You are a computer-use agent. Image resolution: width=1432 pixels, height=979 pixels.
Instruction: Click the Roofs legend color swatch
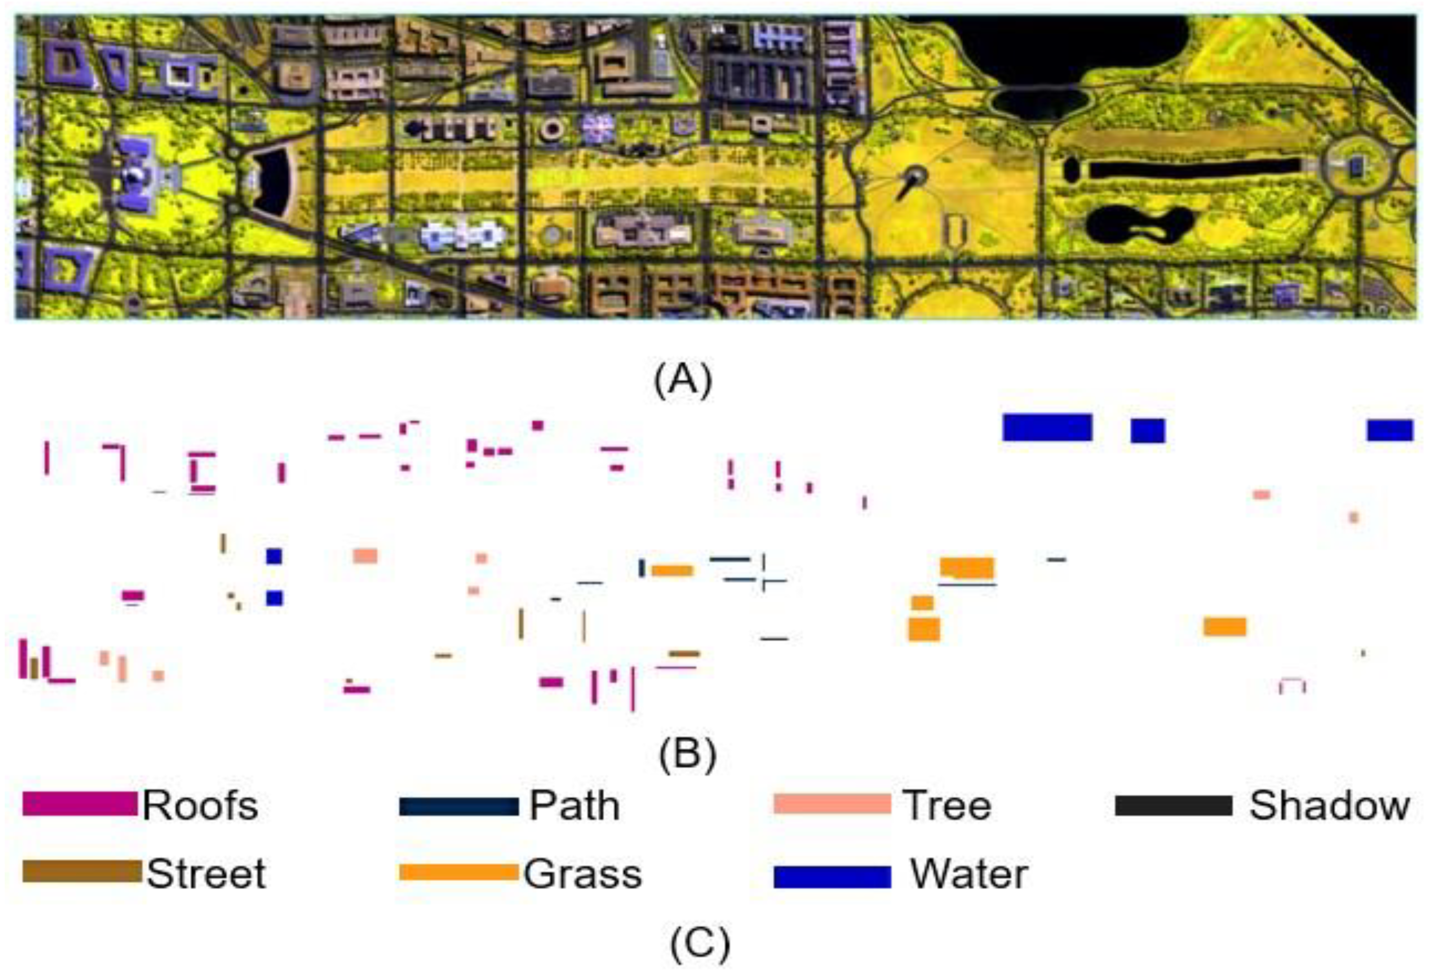(80, 804)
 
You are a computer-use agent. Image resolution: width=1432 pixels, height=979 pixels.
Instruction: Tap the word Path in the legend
(574, 806)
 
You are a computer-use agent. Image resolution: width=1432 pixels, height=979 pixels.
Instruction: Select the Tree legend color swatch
(832, 804)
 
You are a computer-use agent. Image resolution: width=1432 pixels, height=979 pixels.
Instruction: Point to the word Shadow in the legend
(1329, 805)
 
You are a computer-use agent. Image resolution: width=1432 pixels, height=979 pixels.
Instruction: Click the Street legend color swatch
(82, 871)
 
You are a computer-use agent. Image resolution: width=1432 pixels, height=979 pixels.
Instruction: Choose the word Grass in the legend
(582, 874)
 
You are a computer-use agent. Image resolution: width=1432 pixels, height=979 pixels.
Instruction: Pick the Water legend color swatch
(832, 877)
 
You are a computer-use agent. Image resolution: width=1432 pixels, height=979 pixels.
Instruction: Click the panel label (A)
(683, 381)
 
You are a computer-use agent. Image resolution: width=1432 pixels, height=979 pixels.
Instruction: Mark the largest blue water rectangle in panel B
(1047, 428)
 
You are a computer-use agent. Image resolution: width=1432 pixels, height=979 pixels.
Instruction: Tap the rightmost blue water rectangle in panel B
(1390, 430)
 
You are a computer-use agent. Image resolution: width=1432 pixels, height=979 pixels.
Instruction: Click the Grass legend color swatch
(459, 872)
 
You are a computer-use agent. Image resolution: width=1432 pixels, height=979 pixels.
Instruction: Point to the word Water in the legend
(969, 874)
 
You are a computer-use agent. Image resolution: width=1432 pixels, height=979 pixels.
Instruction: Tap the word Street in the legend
(206, 874)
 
